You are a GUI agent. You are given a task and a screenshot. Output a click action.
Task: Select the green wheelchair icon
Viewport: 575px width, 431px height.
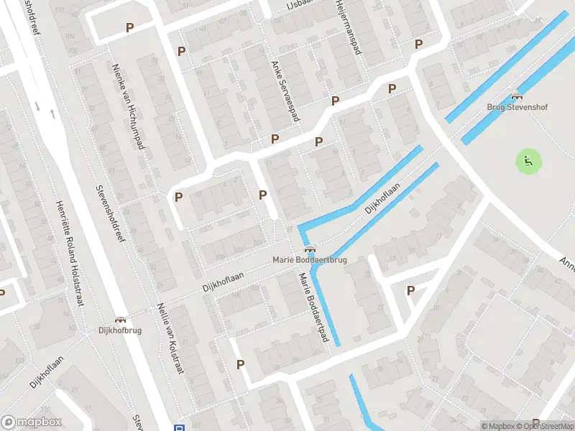(x=528, y=161)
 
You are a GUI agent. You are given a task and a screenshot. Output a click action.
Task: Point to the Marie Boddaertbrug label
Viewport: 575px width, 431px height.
(x=309, y=259)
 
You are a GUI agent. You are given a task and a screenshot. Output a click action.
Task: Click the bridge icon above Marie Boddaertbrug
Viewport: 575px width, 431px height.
(x=310, y=250)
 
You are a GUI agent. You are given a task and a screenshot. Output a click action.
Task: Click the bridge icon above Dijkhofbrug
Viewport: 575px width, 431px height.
(x=121, y=320)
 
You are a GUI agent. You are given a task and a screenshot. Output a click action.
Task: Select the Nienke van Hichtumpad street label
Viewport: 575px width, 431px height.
(x=129, y=107)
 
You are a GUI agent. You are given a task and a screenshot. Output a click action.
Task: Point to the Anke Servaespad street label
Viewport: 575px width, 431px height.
(x=285, y=91)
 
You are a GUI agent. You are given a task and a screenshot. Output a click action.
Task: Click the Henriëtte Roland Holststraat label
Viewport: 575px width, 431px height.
(x=70, y=251)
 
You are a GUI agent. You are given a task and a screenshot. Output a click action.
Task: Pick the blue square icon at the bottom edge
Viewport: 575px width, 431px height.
(x=179, y=427)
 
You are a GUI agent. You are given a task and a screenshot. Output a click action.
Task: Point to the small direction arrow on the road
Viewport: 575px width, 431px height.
(x=52, y=113)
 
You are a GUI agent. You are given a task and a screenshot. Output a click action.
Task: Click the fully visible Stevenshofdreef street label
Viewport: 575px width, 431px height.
(x=110, y=213)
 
